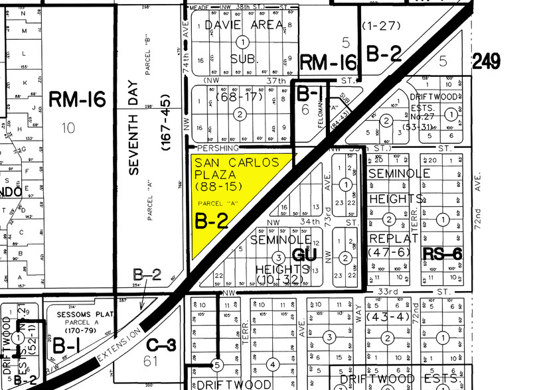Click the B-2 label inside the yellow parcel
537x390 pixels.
point(212,221)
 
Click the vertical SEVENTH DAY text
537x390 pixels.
point(135,133)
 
